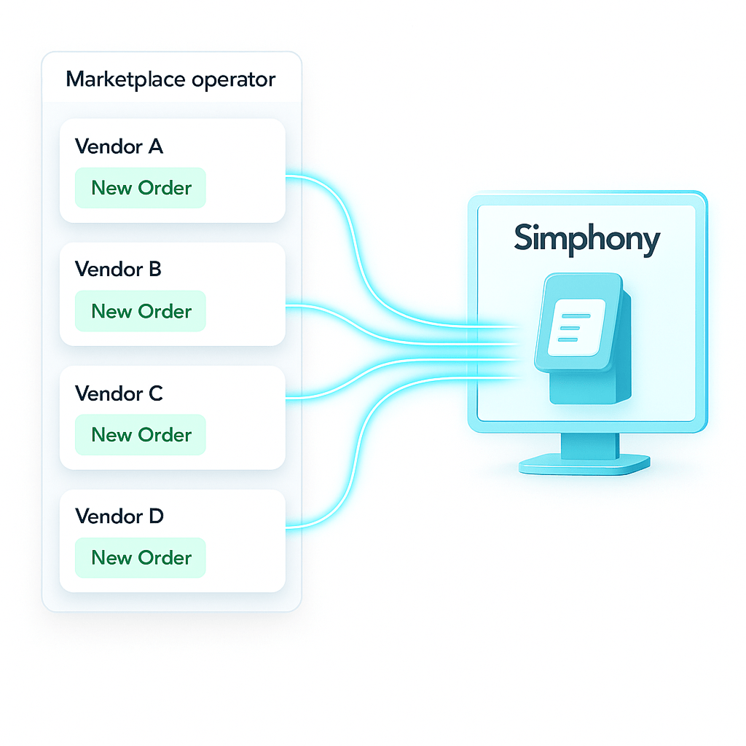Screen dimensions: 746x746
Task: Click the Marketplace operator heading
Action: click(x=170, y=79)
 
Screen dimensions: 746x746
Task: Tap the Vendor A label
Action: click(x=119, y=146)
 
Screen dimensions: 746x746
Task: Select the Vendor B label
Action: click(x=118, y=270)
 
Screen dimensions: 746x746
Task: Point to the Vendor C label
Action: click(x=119, y=393)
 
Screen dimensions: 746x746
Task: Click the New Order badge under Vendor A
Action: click(x=141, y=188)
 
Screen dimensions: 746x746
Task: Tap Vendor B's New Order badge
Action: click(x=141, y=311)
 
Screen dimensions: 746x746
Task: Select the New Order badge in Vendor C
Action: click(x=141, y=435)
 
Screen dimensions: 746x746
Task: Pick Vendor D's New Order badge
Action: click(x=141, y=558)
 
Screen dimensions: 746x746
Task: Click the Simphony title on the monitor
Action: click(x=586, y=239)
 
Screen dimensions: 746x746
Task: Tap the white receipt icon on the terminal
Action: click(x=576, y=327)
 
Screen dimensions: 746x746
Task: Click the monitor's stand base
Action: click(x=584, y=463)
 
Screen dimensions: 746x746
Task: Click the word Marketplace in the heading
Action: click(x=125, y=79)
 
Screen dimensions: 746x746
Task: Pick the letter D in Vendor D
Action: click(x=156, y=517)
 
